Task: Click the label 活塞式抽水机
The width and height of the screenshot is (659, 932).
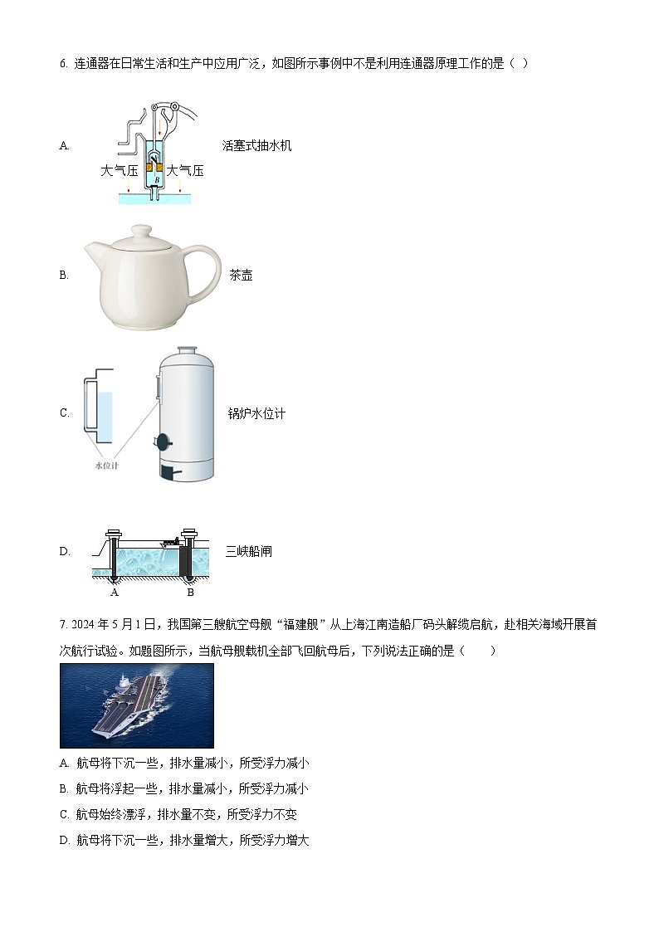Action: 256,146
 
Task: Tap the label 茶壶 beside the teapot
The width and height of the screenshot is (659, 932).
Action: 241,276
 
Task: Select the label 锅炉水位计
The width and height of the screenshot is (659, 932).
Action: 256,413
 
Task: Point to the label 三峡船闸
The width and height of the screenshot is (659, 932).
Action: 248,551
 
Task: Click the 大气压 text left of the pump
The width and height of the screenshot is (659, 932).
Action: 119,171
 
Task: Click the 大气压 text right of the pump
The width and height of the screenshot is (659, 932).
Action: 185,171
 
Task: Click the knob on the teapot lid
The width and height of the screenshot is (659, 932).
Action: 143,231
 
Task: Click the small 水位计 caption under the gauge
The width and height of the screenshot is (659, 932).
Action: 106,466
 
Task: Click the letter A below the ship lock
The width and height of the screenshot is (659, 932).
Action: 115,593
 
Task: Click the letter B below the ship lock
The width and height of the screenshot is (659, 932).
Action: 190,593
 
